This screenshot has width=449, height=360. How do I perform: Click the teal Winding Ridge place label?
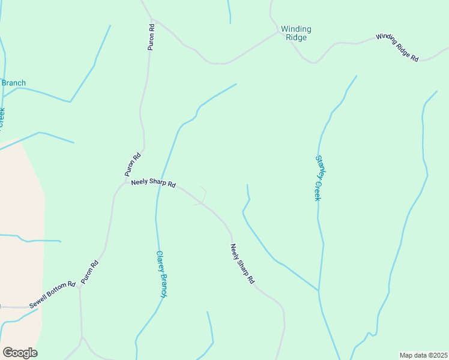(x=296, y=33)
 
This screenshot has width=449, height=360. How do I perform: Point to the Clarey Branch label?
(x=161, y=274)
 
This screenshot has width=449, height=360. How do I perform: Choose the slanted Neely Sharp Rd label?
(x=243, y=263)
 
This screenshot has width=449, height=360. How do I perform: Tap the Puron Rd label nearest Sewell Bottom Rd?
(x=89, y=272)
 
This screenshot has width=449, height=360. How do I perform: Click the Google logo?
(x=20, y=353)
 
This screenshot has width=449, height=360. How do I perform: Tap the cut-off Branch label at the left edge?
(x=13, y=83)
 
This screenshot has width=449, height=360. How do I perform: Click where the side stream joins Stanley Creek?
(x=318, y=291)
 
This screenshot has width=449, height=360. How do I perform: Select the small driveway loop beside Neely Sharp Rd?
(x=201, y=196)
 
